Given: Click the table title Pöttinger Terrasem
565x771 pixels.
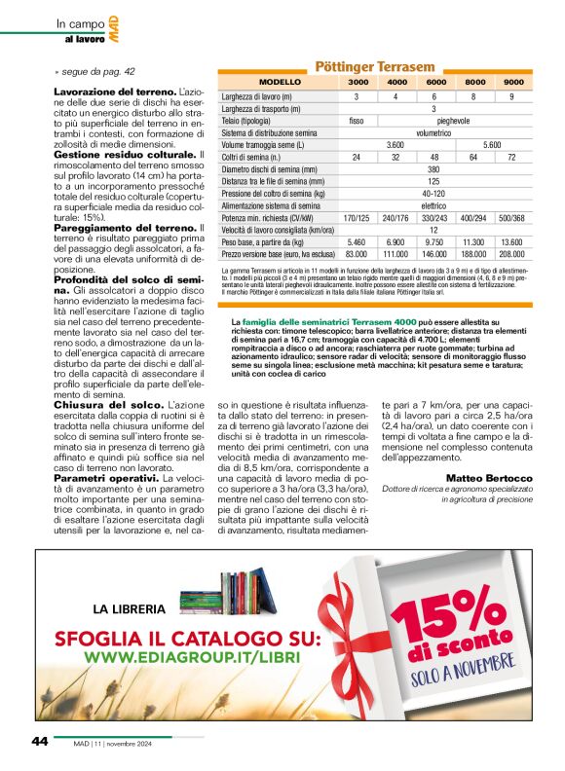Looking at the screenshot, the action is click(375, 66).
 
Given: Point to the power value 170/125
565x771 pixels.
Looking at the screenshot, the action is click(357, 218).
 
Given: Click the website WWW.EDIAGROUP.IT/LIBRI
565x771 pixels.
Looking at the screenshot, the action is click(185, 658).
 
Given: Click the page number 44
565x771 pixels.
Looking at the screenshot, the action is click(39, 741).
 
